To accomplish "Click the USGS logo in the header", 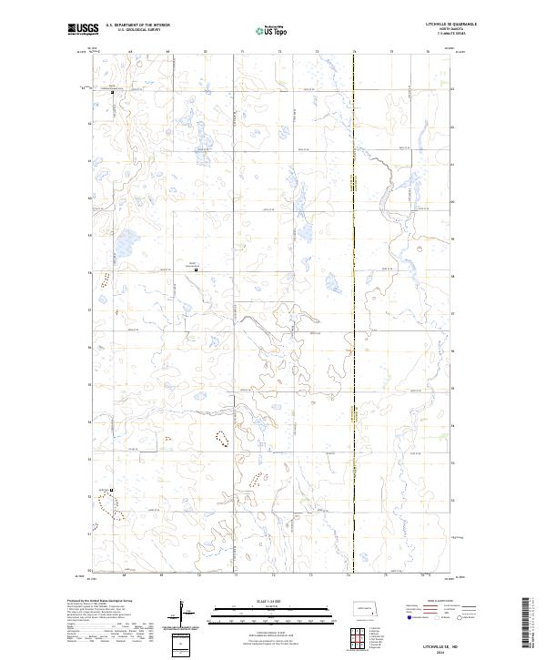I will pyautogui.click(x=83, y=30).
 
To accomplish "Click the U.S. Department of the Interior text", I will pyautogui.click(x=137, y=25).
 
